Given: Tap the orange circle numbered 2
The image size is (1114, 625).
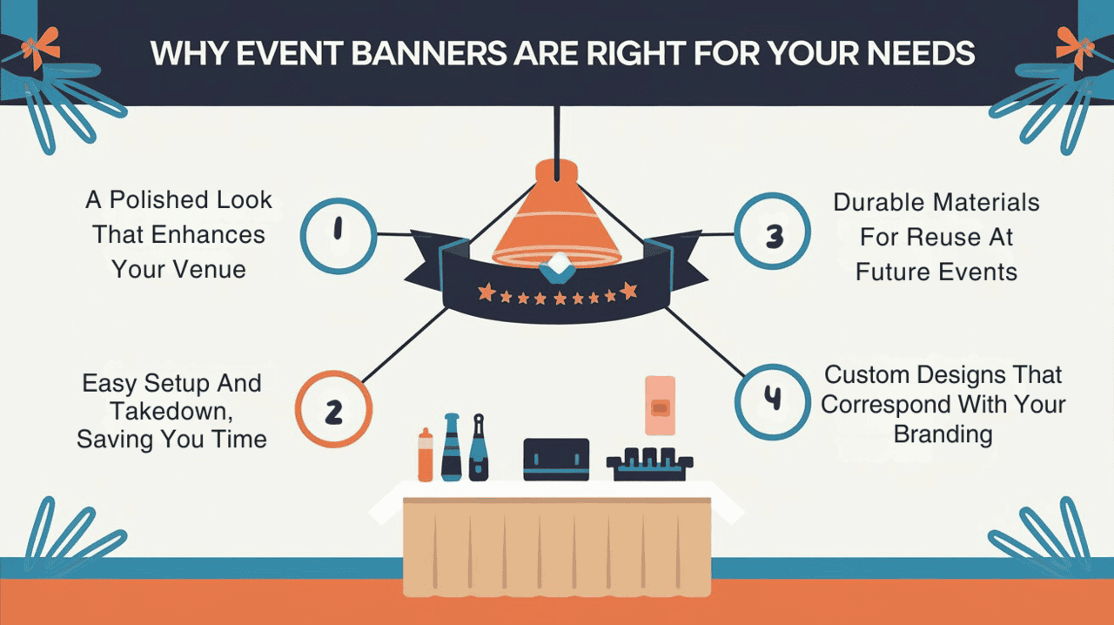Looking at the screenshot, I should coord(333,410).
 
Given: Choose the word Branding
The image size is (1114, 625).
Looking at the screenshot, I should coord(943,433).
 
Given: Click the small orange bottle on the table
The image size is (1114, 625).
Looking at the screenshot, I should coord(425,456).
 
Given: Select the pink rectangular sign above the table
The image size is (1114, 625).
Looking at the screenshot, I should coord(660,405).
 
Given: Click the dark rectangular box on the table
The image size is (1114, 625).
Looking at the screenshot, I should coord(556,459).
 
